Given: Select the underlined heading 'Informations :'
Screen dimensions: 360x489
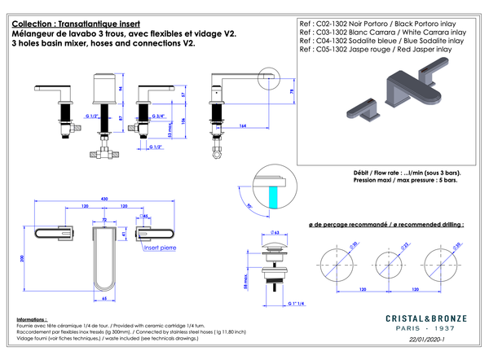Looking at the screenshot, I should pos(32,320).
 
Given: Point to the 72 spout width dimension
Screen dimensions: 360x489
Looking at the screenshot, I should pos(104,221).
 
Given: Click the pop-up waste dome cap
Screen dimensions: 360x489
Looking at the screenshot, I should pos(275,246).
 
